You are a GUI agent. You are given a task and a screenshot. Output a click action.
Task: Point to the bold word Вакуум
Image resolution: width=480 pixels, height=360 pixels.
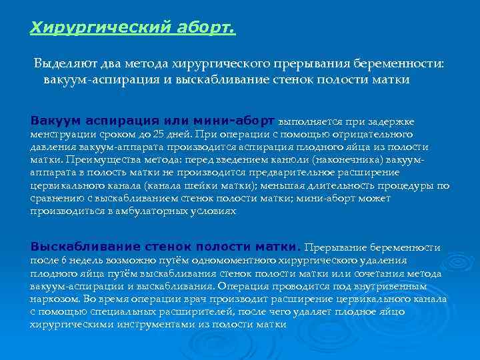coord(55,121)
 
